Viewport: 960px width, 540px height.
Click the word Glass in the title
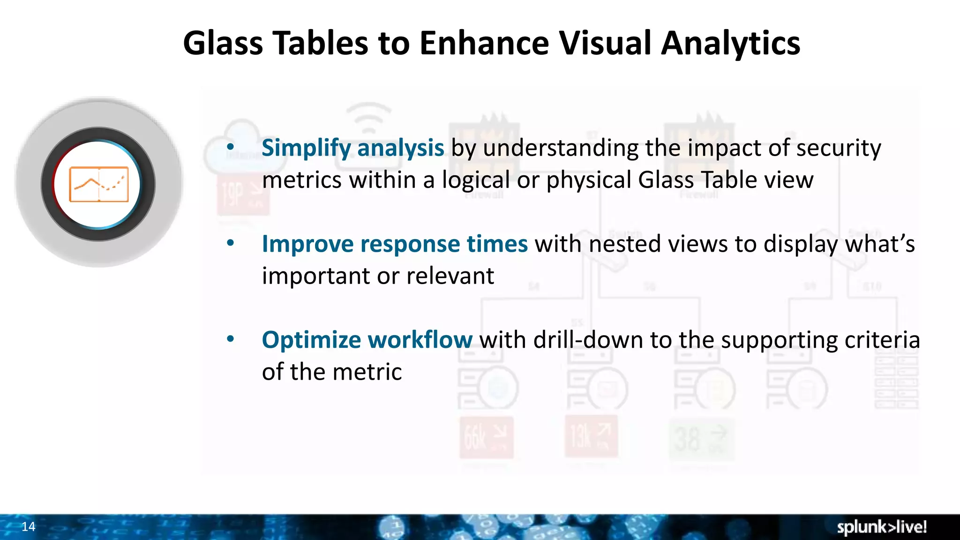click(x=223, y=43)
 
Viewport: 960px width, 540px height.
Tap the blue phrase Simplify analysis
click(x=352, y=148)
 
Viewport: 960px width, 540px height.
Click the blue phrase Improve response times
click(x=395, y=244)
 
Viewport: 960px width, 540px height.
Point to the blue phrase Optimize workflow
click(x=367, y=340)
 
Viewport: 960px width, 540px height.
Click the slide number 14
click(x=29, y=526)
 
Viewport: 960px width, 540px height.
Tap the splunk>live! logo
click(x=882, y=527)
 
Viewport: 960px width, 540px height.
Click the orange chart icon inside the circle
click(x=99, y=184)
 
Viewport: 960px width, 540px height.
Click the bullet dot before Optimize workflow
click(x=230, y=338)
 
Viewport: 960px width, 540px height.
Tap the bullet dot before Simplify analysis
click(x=230, y=147)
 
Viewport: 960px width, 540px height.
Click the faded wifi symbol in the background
click(x=368, y=117)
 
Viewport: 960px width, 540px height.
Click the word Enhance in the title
click(x=484, y=43)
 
